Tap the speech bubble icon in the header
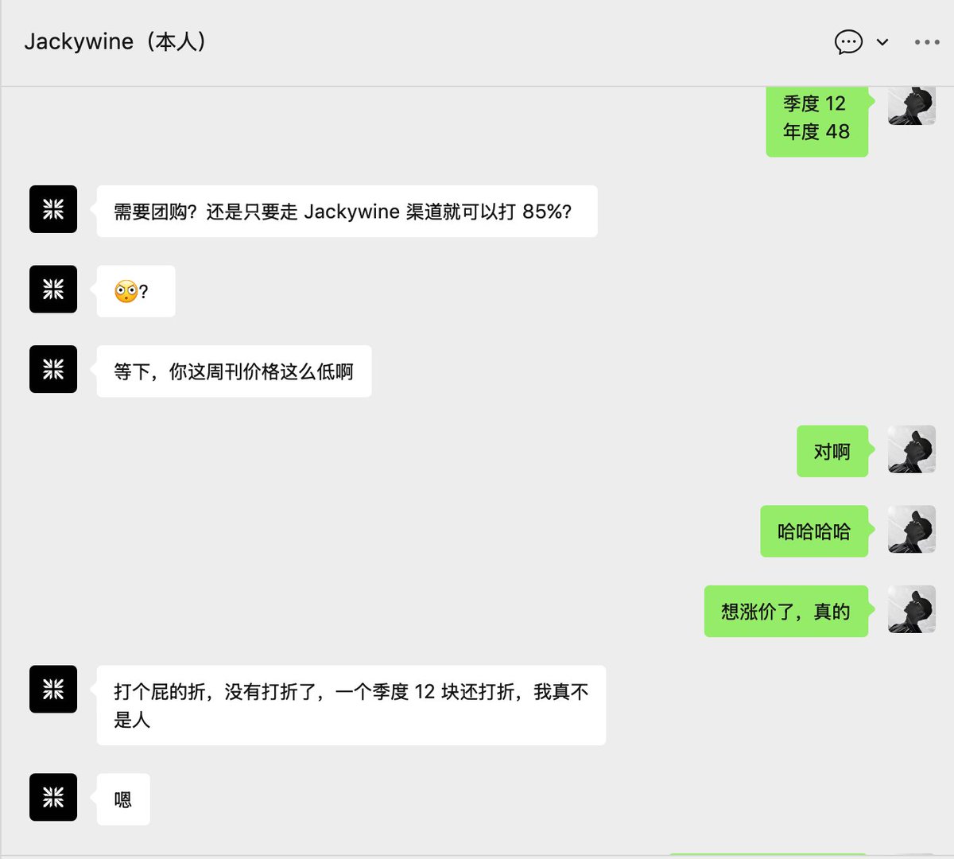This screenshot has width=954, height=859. (848, 41)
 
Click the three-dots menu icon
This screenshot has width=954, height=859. (927, 42)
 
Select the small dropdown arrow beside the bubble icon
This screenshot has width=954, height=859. (882, 42)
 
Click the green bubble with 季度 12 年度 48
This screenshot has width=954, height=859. (816, 119)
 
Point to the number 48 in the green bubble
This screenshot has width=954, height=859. (838, 132)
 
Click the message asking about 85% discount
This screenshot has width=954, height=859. (347, 212)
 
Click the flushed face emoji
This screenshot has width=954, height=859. (126, 292)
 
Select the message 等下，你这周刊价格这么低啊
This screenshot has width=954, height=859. (234, 371)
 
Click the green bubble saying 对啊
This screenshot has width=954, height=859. (832, 452)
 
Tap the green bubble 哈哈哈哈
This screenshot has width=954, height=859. (813, 531)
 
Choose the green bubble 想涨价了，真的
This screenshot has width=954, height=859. (785, 612)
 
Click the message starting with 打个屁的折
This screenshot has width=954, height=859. (351, 705)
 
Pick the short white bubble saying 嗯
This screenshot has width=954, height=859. (123, 799)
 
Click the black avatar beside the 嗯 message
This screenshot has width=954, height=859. (53, 797)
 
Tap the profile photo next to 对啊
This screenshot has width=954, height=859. (911, 449)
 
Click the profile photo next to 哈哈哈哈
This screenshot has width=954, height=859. (911, 529)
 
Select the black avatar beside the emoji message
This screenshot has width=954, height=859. (53, 289)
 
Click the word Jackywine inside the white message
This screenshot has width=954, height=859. (351, 212)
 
